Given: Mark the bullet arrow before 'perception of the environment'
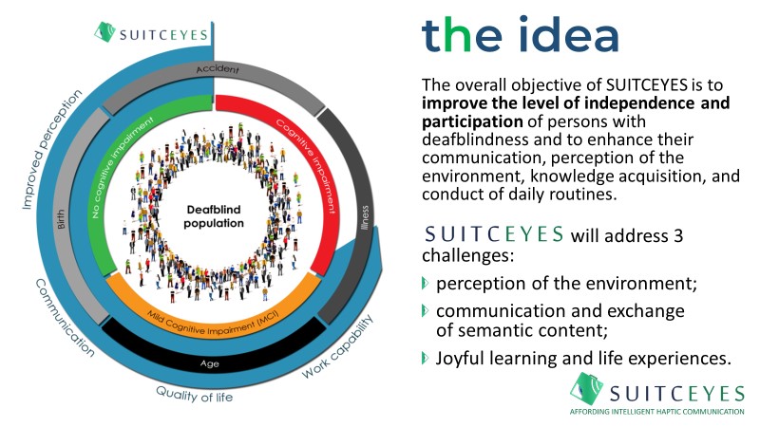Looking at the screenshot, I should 424,283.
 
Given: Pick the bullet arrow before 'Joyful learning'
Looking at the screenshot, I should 424,357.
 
